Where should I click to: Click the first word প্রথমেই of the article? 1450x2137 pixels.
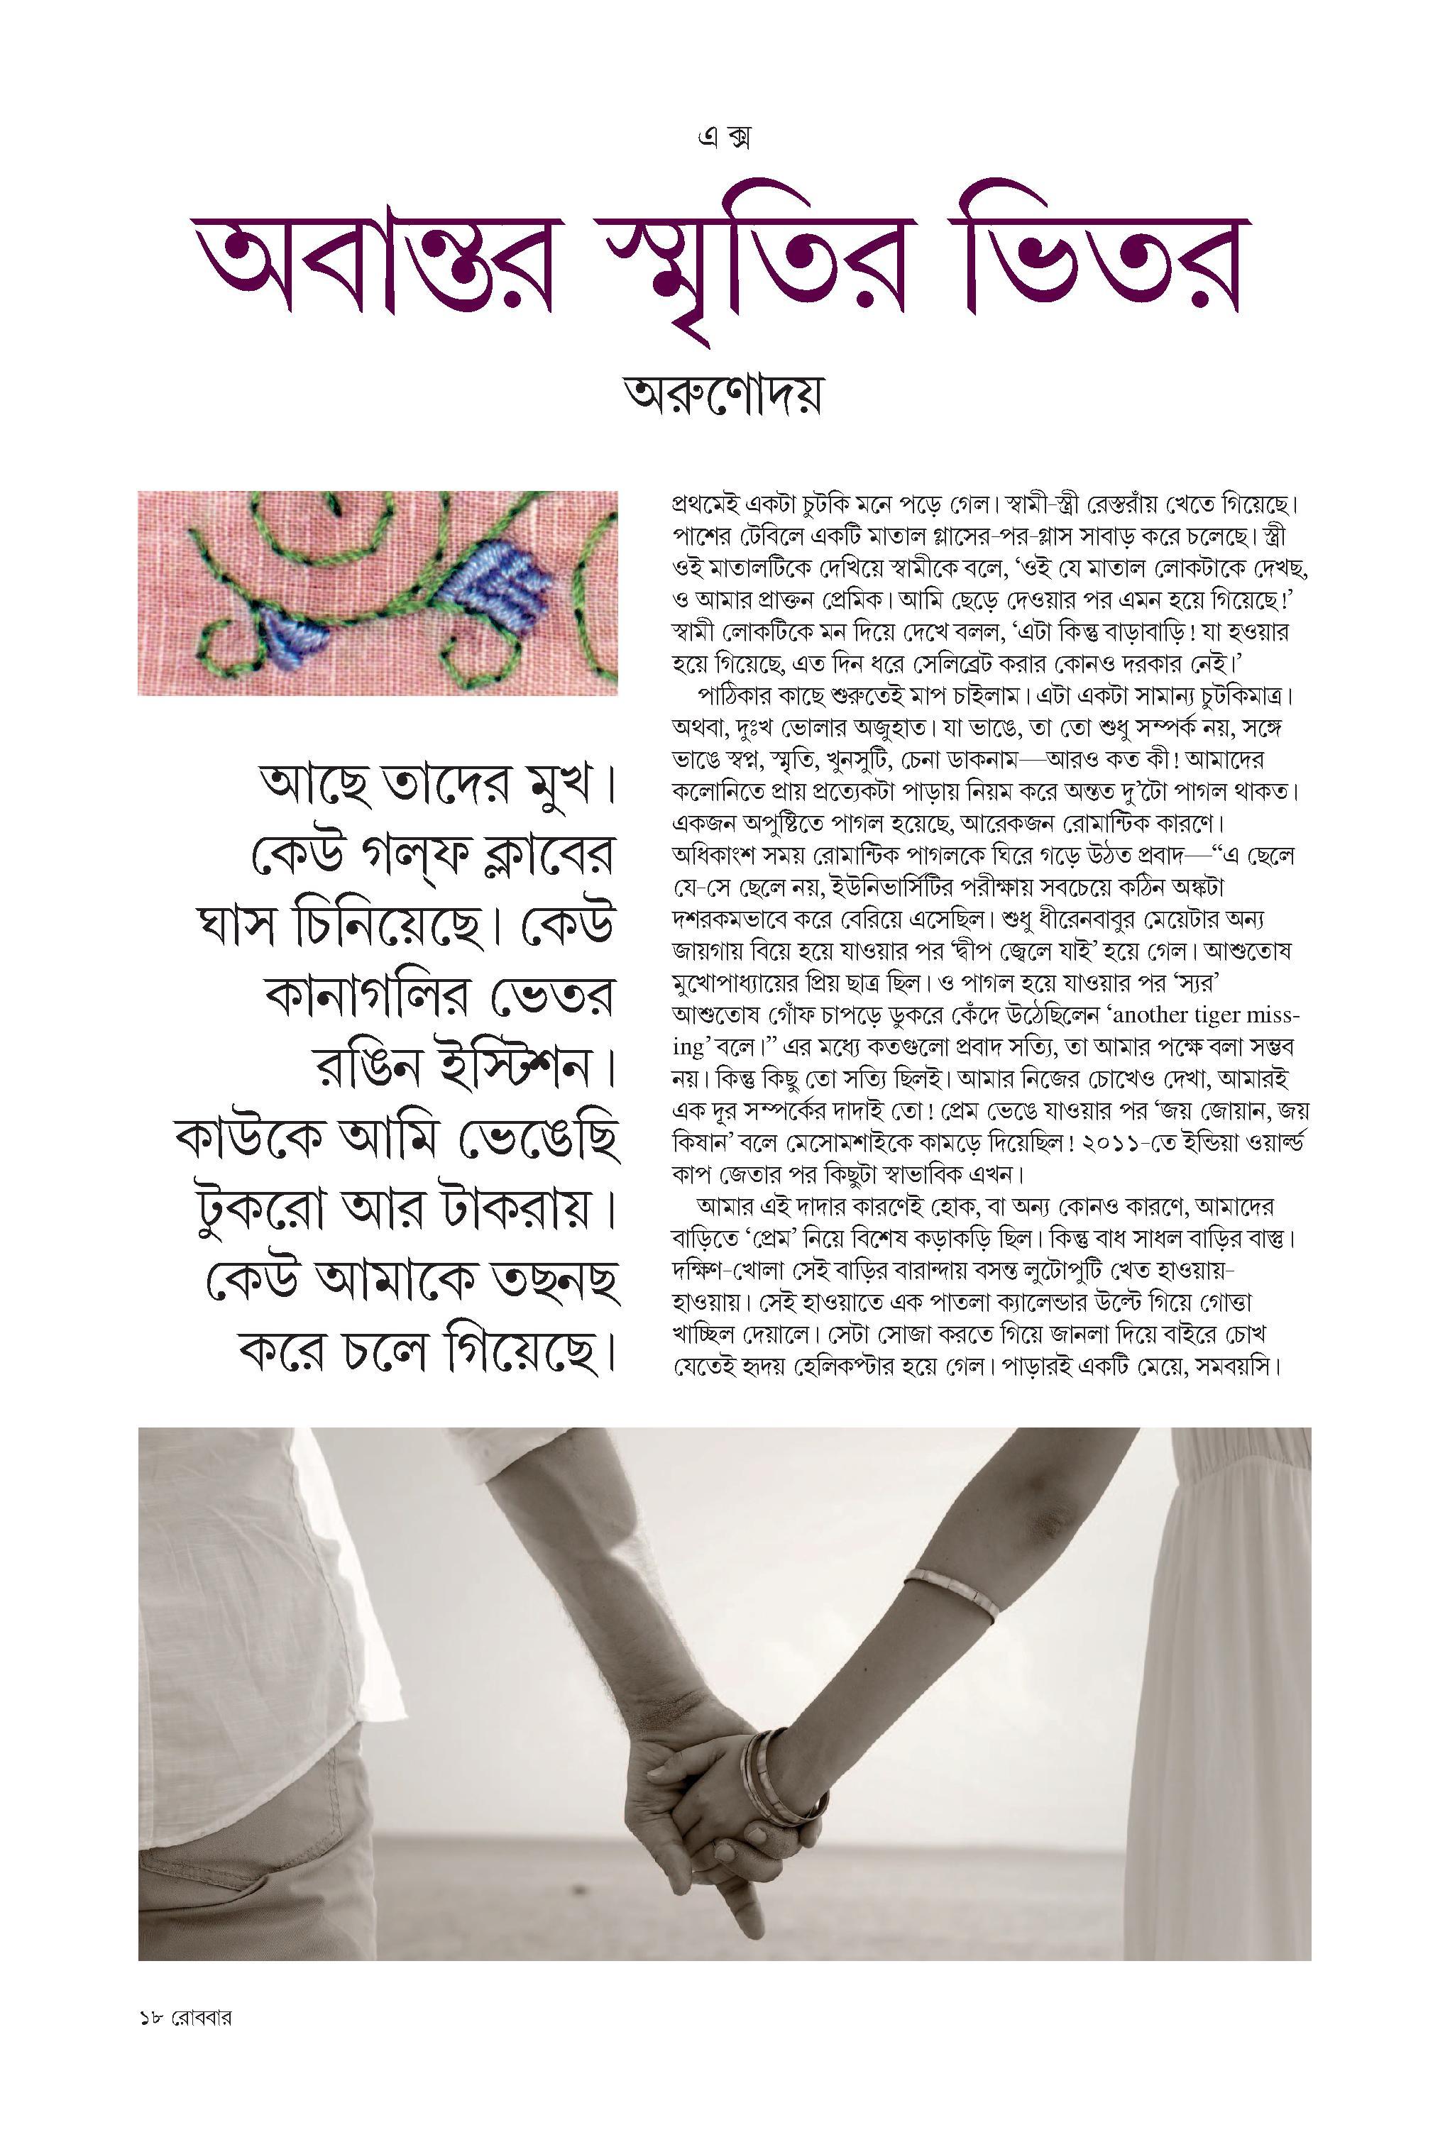(708, 505)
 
